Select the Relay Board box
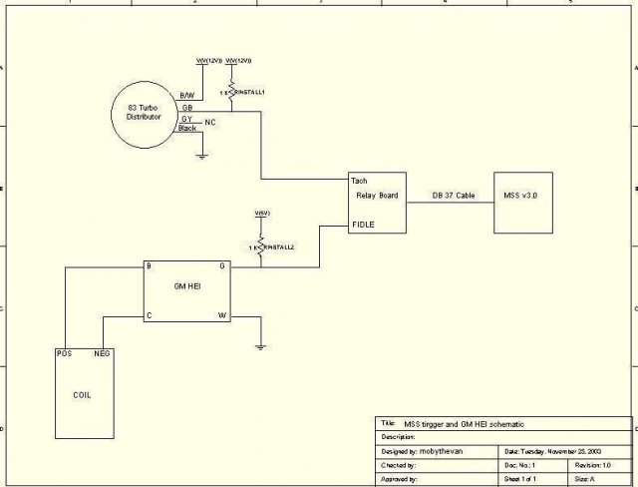coord(378,204)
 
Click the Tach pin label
coord(360,181)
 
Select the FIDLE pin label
coord(363,226)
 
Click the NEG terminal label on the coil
coord(102,353)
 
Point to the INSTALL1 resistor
coord(231,91)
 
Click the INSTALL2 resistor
coord(259,245)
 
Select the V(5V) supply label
coord(261,214)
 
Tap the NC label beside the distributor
coord(209,121)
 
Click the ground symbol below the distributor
coord(201,155)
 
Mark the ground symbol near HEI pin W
coord(259,346)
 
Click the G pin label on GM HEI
coord(222,266)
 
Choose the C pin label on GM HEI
coord(149,315)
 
